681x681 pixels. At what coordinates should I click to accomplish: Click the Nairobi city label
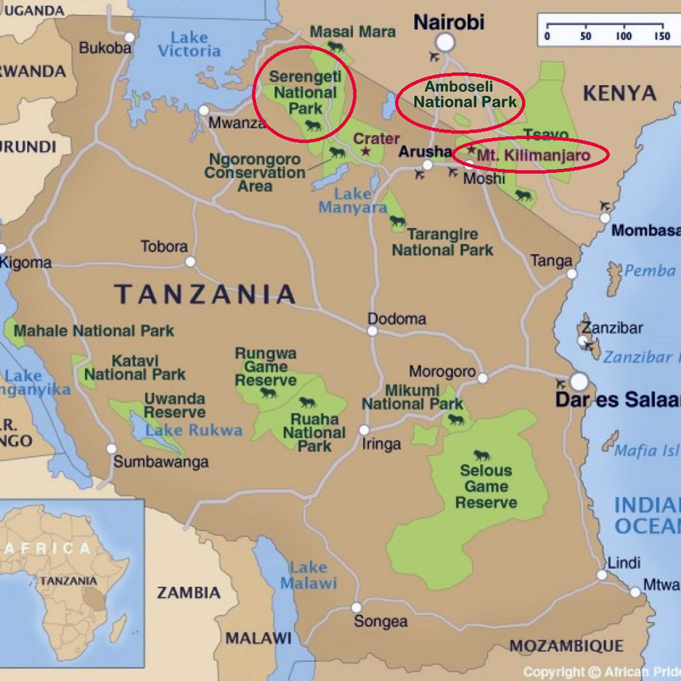(x=449, y=22)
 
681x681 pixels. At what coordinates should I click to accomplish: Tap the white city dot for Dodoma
(x=373, y=331)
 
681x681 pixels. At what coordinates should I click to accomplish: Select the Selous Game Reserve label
(x=486, y=486)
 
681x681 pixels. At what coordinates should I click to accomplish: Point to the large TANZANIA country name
(x=205, y=294)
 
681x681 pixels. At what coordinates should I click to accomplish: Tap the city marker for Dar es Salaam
(x=580, y=381)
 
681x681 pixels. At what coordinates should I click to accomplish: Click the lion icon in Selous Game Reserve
(x=482, y=456)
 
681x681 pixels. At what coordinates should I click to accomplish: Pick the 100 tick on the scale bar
(x=624, y=36)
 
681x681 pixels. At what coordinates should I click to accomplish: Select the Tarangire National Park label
(x=443, y=242)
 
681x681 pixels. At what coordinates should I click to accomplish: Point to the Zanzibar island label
(x=612, y=328)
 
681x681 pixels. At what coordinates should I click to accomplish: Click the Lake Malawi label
(x=308, y=575)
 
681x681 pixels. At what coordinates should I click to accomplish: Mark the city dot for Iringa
(x=364, y=430)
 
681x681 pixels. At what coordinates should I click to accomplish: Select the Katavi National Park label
(x=135, y=367)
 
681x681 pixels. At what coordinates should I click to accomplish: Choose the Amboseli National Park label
(x=460, y=95)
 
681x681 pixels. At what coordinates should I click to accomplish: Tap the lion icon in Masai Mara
(x=336, y=47)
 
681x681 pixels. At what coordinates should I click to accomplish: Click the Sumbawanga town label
(x=161, y=462)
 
